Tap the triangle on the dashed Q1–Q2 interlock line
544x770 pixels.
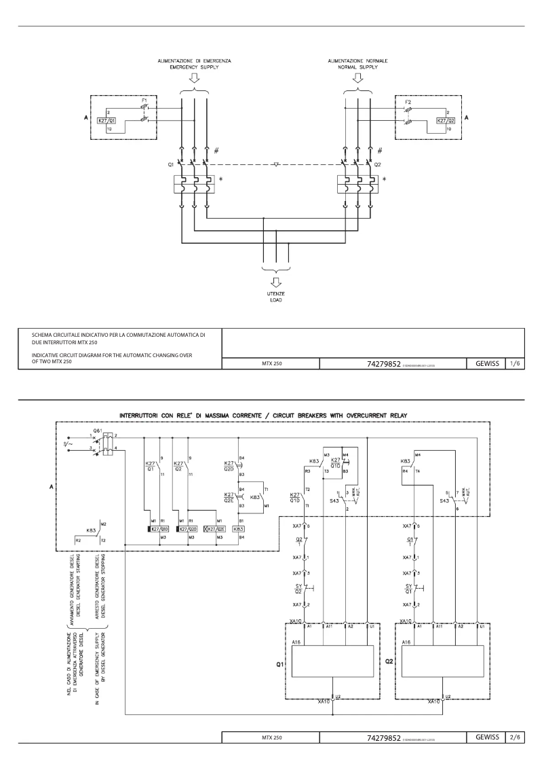pos(277,164)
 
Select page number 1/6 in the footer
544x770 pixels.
pos(515,364)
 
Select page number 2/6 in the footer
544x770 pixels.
pos(515,736)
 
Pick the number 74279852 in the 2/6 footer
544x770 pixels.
pos(384,737)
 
